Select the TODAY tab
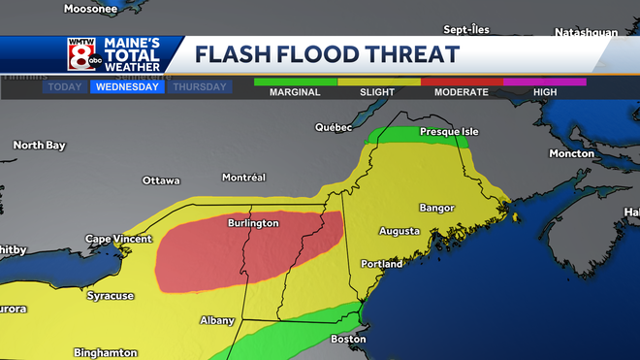tap(64, 86)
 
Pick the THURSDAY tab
tap(201, 86)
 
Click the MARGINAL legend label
tap(294, 92)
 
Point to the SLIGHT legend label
tap(378, 92)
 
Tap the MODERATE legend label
tap(462, 92)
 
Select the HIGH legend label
tap(544, 92)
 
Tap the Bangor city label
tap(436, 208)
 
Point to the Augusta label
tap(399, 231)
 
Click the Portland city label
tap(381, 264)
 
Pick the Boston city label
tap(349, 339)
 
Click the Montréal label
tap(243, 178)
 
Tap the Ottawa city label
tap(161, 180)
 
